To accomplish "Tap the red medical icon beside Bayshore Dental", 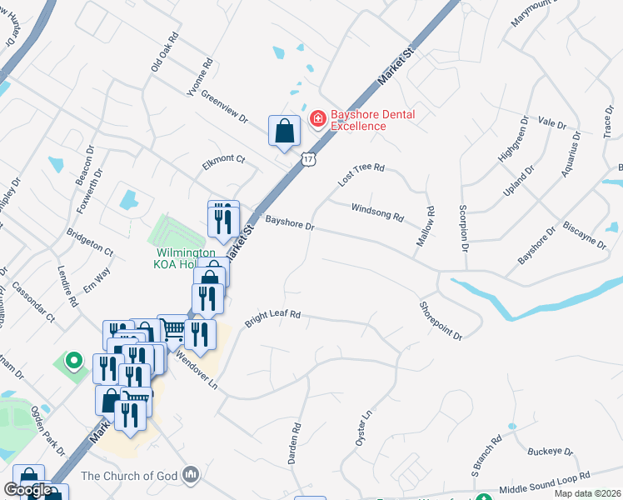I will tap(317, 120).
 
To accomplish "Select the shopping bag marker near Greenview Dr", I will tap(284, 131).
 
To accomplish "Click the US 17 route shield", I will tap(308, 158).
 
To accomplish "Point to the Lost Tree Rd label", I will tap(361, 173).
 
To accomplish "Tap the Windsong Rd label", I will tap(376, 212).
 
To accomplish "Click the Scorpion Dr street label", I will tap(463, 227).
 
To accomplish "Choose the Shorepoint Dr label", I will tap(441, 320).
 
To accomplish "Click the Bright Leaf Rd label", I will tap(272, 319).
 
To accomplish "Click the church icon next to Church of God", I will tap(192, 475).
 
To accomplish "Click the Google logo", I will tap(27, 490).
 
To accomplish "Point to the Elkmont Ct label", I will tap(224, 162).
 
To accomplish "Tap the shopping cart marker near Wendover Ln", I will tap(171, 328).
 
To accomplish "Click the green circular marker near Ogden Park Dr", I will tap(73, 362).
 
